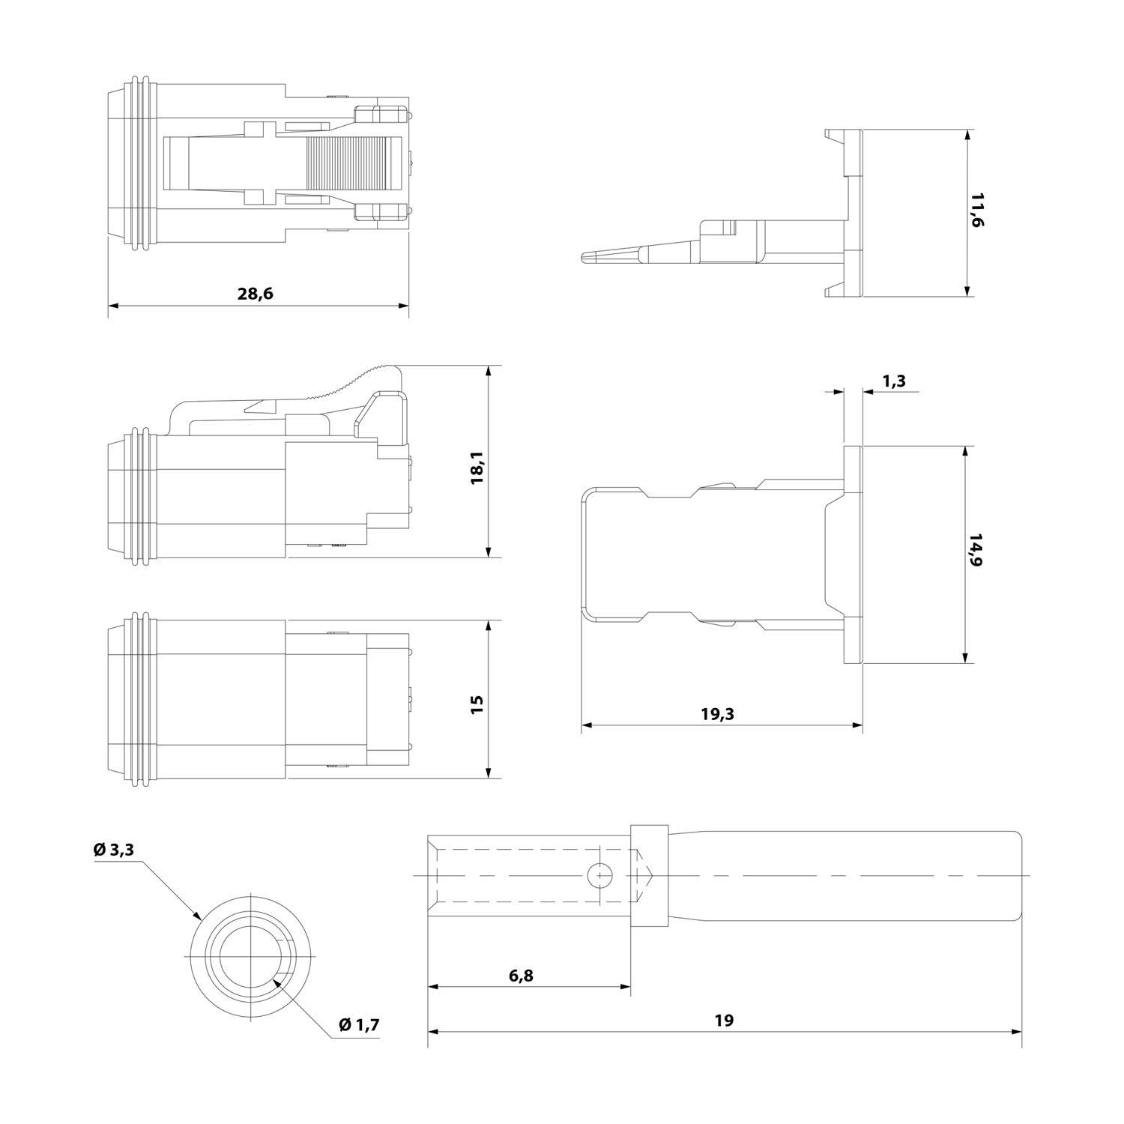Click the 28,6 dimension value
click(x=255, y=294)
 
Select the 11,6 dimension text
click(x=978, y=213)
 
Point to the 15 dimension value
click(x=477, y=704)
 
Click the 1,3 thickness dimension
click(x=894, y=381)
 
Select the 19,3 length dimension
click(x=717, y=714)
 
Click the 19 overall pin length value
click(x=723, y=1020)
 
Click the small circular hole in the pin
click(x=599, y=875)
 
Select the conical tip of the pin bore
click(x=644, y=875)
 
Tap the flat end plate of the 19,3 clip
click(x=853, y=555)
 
